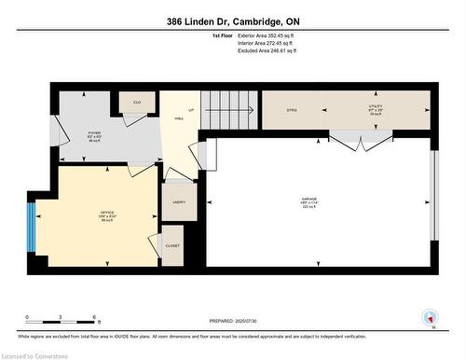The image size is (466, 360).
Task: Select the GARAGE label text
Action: pyautogui.click(x=308, y=201)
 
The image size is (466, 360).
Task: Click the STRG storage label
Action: pyautogui.click(x=292, y=110)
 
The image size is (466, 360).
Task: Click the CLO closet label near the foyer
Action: pyautogui.click(x=137, y=102)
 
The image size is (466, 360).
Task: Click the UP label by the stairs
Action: pyautogui.click(x=191, y=110)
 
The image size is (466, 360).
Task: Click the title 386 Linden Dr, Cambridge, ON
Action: pyautogui.click(x=232, y=21)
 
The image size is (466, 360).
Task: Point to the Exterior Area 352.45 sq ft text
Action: pyautogui.click(x=232, y=35)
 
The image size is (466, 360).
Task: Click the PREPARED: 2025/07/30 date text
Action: pyautogui.click(x=233, y=296)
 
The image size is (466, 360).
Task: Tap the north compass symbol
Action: pyautogui.click(x=430, y=318)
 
